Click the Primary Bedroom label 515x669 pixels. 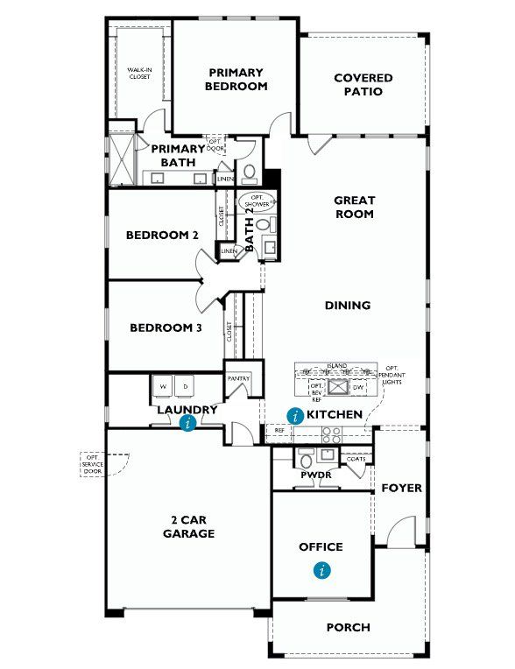[236, 80]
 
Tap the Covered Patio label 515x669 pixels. [363, 84]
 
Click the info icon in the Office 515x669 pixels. [323, 570]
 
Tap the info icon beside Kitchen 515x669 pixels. [295, 416]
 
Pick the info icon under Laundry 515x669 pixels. [187, 424]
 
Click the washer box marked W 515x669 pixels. [163, 386]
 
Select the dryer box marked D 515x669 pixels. [186, 386]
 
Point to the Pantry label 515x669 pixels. [238, 378]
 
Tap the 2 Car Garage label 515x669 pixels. [188, 526]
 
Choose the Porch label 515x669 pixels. [348, 627]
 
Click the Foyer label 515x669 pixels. [401, 488]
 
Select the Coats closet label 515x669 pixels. [356, 458]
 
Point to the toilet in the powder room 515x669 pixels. [306, 460]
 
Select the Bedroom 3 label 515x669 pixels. [166, 328]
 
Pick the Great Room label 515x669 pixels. [354, 207]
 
